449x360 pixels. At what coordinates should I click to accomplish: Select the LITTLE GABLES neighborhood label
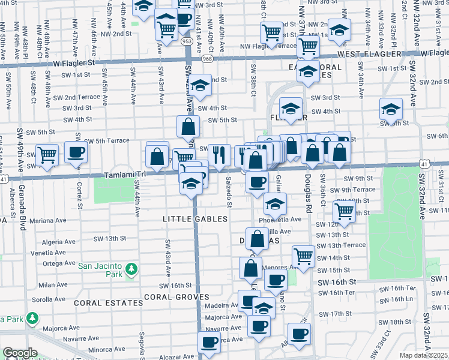[195, 220]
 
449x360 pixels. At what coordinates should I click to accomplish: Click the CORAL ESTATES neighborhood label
[109, 303]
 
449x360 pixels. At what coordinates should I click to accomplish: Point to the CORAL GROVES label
[176, 297]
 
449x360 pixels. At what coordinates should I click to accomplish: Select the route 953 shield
[188, 42]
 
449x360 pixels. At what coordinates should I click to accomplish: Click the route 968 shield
[207, 58]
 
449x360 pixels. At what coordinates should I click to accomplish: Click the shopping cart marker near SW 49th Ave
[47, 155]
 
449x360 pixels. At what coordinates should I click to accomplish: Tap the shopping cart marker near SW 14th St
[304, 256]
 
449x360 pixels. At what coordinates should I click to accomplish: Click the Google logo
[20, 353]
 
